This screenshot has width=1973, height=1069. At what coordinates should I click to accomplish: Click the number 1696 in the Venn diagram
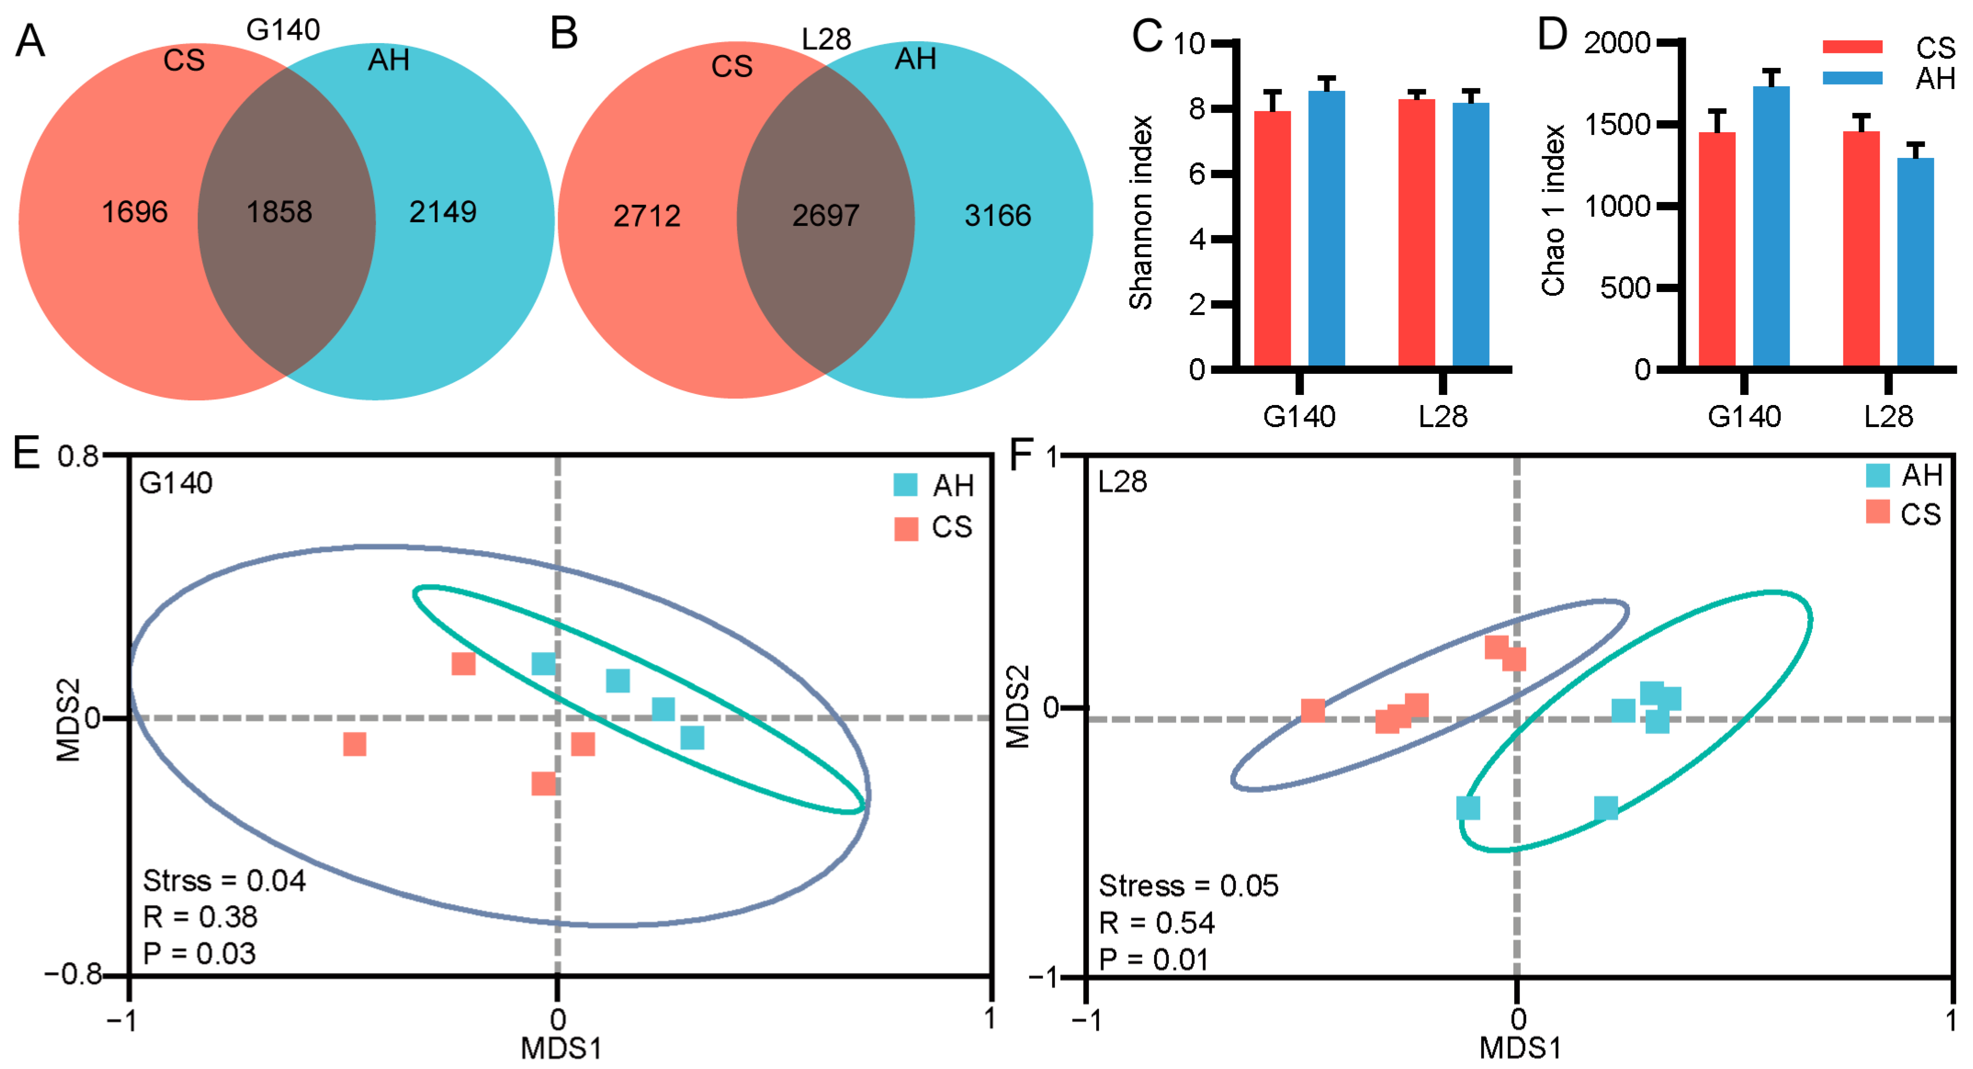click(x=135, y=212)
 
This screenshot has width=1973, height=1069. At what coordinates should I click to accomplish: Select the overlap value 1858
click(x=280, y=212)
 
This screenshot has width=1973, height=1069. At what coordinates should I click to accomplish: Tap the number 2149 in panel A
click(x=443, y=212)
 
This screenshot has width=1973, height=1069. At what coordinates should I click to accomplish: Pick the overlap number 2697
click(x=825, y=216)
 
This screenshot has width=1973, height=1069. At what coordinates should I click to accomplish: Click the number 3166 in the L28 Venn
click(x=997, y=216)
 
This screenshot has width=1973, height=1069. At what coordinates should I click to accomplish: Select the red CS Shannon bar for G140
click(x=1272, y=237)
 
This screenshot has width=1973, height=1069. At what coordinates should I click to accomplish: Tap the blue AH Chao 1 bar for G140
click(x=1771, y=226)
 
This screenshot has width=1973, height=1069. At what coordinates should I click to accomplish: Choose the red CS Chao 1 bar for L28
click(x=1861, y=249)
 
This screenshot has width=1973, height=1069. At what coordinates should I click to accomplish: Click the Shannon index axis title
click(x=1141, y=213)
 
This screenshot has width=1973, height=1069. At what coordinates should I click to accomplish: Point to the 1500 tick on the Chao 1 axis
click(x=1617, y=125)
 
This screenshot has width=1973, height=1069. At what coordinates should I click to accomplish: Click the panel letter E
click(x=26, y=453)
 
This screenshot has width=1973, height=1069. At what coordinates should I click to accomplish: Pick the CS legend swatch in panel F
click(x=1877, y=512)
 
